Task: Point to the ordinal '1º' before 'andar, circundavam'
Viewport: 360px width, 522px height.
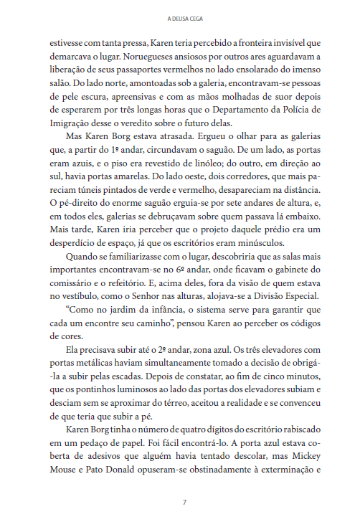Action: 119,151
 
